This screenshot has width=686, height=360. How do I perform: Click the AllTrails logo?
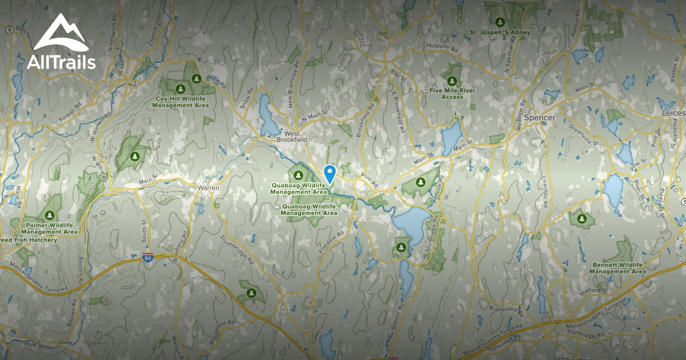point(61,42)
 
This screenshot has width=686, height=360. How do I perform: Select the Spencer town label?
point(540,118)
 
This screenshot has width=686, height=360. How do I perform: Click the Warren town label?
point(208,188)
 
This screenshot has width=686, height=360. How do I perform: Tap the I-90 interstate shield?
point(148,258)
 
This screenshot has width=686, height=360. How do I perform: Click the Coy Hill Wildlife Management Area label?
point(181,102)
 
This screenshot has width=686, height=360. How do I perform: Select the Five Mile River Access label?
point(452,94)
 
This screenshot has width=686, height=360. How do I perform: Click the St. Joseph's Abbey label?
point(500,33)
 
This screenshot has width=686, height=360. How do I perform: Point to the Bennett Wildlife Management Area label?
point(617,268)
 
